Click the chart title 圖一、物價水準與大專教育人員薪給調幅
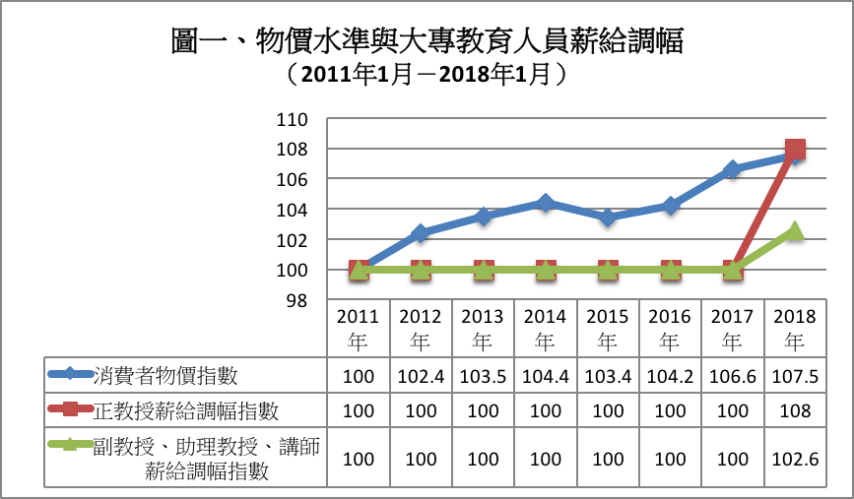pos(427,41)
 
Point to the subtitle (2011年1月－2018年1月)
pos(427,74)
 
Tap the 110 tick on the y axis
pos(292,119)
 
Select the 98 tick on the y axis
pos(296,300)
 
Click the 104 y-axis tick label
pos(292,210)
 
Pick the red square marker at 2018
pos(795,149)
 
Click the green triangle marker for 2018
pos(795,230)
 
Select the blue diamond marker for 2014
pos(546,203)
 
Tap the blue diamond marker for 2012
pos(421,233)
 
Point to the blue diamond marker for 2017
pos(733,169)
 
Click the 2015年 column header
pos(608,329)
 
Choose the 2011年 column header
pos(358,329)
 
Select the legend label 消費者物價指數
pos(165,375)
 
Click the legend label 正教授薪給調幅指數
pos(186,410)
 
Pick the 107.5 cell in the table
pos(795,376)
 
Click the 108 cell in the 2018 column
pos(795,410)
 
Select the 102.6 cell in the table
pos(795,460)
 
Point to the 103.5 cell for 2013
pos(483,376)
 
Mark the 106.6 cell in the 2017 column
pos(733,376)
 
